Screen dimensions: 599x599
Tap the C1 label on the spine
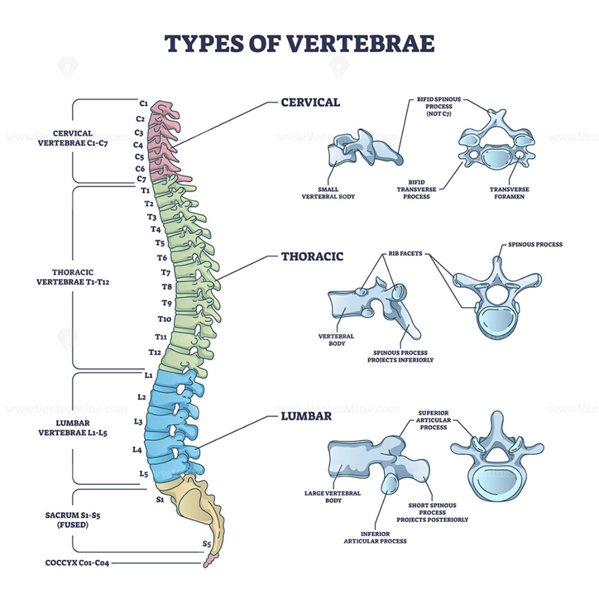(144, 103)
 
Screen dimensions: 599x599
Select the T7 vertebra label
(165, 273)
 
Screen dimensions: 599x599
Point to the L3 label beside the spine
(138, 421)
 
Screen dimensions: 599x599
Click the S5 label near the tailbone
(207, 543)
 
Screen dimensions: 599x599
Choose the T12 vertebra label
(155, 352)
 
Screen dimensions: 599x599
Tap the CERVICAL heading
(310, 102)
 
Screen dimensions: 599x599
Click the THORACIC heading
(312, 256)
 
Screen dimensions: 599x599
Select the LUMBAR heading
(306, 416)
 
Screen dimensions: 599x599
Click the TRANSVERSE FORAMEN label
(509, 193)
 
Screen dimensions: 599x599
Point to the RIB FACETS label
(406, 253)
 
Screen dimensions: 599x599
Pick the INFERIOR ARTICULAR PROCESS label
(375, 537)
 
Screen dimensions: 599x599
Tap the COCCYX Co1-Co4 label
(77, 562)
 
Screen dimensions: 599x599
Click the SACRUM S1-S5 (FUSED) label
(72, 520)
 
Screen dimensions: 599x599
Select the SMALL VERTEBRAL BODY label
(328, 193)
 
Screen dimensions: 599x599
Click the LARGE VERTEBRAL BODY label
(332, 497)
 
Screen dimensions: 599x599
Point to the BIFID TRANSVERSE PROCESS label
(416, 189)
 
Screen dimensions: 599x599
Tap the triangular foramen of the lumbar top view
(497, 453)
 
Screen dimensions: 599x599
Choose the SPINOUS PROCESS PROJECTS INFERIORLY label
(400, 356)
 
